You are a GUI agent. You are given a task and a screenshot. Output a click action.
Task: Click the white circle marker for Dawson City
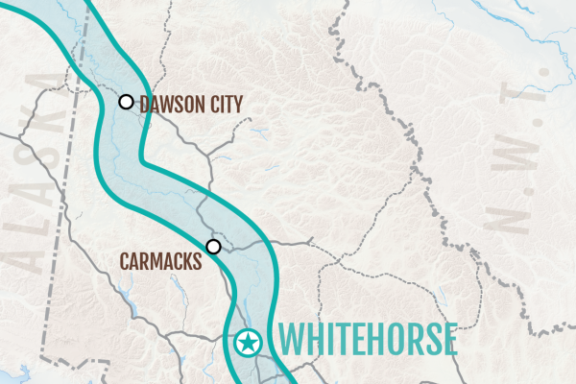pyautogui.click(x=125, y=102)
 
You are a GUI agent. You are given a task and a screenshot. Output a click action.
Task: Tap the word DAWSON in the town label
pyautogui.click(x=169, y=104)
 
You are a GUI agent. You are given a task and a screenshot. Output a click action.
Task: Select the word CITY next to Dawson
pyautogui.click(x=223, y=104)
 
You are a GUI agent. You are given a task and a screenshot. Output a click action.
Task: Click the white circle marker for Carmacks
pyautogui.click(x=213, y=247)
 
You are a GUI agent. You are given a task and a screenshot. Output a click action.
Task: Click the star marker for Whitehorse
pyautogui.click(x=248, y=341)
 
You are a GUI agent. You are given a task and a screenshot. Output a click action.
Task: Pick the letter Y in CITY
pyautogui.click(x=237, y=104)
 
